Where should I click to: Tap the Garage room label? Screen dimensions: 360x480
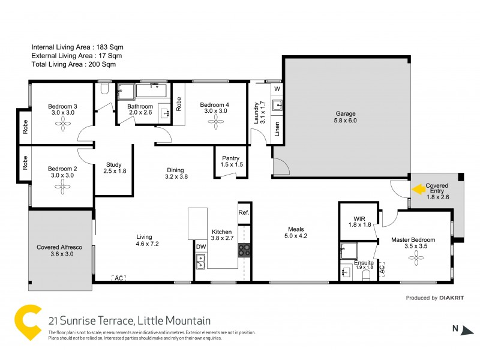[x=345, y=117]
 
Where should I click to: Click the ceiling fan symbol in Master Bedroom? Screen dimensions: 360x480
[x=413, y=257]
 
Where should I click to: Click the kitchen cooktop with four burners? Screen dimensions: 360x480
[x=244, y=250]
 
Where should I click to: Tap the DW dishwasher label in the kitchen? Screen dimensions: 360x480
[x=200, y=246]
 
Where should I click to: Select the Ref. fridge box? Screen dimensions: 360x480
[x=244, y=212]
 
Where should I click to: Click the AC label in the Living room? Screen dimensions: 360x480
[x=118, y=278]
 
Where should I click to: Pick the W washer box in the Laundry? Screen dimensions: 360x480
[x=277, y=89]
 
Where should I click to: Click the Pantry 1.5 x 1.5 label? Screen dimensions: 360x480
[x=230, y=161]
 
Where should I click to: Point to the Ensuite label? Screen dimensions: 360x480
[x=364, y=263]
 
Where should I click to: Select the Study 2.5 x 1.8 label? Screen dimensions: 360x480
[x=114, y=168]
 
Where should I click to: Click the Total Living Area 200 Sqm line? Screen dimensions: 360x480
[x=74, y=64]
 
